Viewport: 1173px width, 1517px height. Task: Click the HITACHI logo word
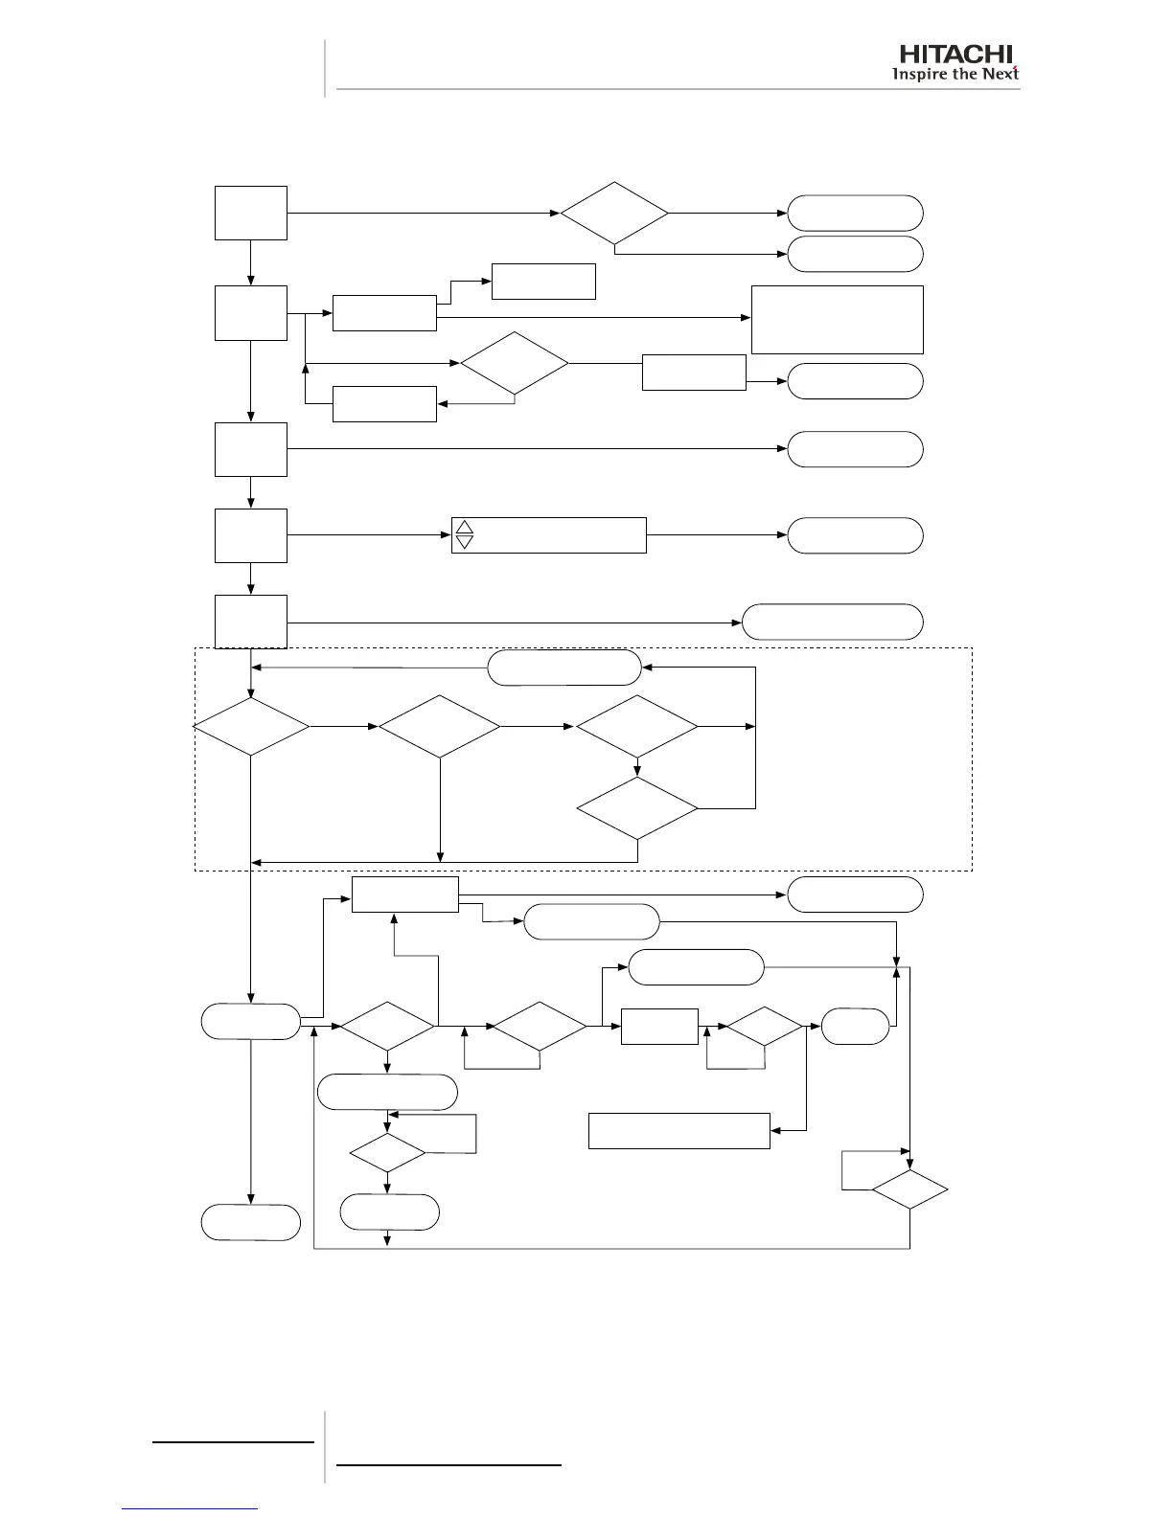click(x=955, y=55)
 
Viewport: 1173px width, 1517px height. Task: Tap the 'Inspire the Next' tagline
click(x=955, y=75)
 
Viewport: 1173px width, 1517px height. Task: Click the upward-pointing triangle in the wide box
click(x=465, y=527)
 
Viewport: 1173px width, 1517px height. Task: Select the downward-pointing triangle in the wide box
click(x=465, y=542)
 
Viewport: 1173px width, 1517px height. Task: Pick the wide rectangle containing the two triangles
click(x=549, y=534)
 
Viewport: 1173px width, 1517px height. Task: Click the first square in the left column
click(x=251, y=213)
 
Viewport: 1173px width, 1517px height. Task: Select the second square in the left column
click(x=251, y=312)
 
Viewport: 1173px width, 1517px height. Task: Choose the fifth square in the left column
click(x=251, y=621)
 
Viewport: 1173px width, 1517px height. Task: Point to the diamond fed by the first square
click(x=614, y=213)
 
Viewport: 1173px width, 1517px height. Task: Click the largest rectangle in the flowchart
click(x=838, y=319)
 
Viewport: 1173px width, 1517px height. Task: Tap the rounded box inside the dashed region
click(x=564, y=668)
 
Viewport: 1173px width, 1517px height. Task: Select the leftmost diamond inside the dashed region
click(x=251, y=727)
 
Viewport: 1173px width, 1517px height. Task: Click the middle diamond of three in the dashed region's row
click(x=439, y=727)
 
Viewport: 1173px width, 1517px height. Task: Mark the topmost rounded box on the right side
click(x=856, y=213)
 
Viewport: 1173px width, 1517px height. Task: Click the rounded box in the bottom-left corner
click(x=251, y=1223)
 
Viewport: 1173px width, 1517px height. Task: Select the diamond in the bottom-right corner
click(x=909, y=1189)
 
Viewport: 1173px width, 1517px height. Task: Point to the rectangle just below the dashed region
click(x=405, y=894)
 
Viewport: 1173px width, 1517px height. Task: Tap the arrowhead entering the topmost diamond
click(x=555, y=213)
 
